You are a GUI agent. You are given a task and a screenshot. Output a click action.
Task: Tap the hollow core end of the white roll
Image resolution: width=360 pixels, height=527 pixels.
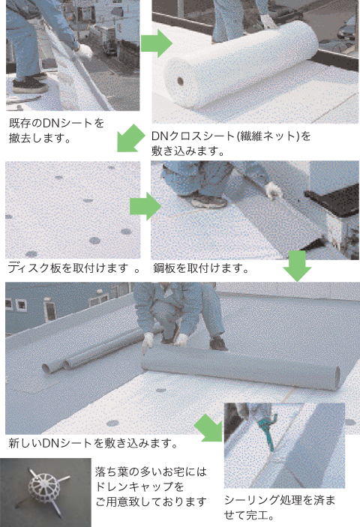click(181, 81)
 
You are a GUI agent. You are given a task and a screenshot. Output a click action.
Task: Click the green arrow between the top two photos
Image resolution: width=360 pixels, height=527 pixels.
click(156, 43)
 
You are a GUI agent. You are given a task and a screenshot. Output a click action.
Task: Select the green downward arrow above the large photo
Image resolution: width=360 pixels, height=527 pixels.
click(297, 266)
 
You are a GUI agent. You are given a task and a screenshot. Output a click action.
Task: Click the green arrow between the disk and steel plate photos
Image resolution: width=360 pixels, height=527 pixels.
click(145, 206)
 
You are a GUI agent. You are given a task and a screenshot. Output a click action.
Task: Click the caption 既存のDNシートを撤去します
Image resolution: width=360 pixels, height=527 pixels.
click(56, 130)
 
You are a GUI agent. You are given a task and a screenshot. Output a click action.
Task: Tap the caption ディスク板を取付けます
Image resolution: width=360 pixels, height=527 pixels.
click(73, 268)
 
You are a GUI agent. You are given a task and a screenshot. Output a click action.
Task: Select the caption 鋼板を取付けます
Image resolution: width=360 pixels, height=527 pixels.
click(201, 268)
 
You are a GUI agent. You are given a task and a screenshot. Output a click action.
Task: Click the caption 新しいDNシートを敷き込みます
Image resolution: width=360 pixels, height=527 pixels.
click(93, 443)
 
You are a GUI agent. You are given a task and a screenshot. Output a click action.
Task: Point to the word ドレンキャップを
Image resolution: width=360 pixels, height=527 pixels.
click(139, 487)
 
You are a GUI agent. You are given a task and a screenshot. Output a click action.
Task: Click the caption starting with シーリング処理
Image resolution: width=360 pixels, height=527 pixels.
click(280, 508)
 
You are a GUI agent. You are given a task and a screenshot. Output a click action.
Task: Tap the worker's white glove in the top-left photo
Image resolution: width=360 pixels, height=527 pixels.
click(84, 52)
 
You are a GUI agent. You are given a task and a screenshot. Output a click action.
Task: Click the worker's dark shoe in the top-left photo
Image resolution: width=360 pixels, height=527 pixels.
click(30, 85)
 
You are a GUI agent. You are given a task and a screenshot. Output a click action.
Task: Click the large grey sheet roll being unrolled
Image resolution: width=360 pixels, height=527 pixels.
click(240, 367)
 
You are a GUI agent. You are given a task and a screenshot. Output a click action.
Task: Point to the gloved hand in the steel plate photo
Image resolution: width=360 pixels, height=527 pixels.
click(274, 190)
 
